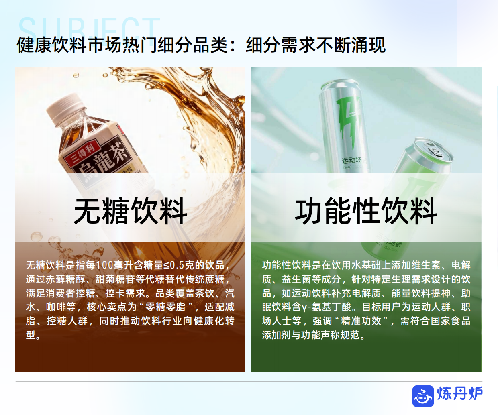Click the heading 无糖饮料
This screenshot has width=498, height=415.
pyautogui.click(x=131, y=211)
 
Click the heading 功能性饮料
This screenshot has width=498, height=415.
pyautogui.click(x=366, y=211)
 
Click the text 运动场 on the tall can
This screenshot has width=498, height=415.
pyautogui.click(x=352, y=161)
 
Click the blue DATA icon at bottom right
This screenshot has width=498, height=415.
pyautogui.click(x=423, y=396)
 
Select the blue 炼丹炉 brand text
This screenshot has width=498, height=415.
pyautogui.click(x=460, y=394)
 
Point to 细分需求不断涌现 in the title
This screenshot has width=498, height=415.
pyautogui.click(x=316, y=45)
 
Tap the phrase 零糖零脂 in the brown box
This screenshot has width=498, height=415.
pyautogui.click(x=165, y=307)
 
